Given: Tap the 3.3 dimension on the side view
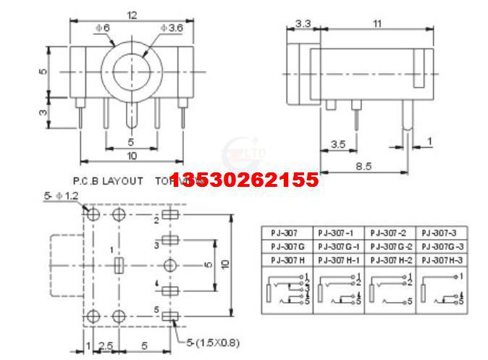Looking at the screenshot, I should point(304,25).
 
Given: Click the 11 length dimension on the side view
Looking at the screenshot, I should point(376,25).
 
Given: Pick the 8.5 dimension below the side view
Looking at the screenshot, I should point(364,166).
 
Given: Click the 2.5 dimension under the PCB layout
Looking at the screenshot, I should point(105,346).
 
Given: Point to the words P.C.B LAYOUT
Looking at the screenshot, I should point(108,180).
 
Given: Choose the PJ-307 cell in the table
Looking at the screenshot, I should point(285,233).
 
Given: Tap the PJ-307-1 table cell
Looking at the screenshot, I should point(337,233).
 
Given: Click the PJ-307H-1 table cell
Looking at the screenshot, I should point(337,259).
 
